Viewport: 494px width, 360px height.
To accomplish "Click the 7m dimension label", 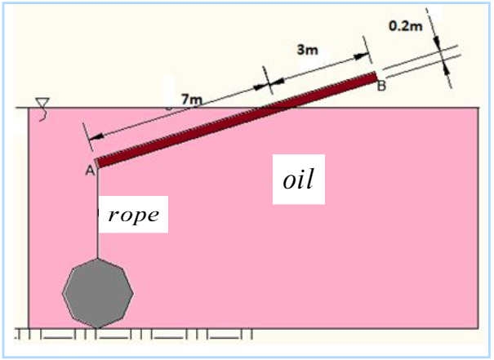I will (190, 100).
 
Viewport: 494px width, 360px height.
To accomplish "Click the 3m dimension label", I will (307, 50).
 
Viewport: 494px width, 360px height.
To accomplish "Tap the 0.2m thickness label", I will (406, 25).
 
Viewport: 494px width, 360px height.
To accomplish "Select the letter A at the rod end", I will (89, 170).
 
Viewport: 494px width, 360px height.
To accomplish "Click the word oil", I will (299, 180).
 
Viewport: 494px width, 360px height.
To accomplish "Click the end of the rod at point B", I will (375, 77).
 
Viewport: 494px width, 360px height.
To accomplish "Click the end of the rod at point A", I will (97, 162).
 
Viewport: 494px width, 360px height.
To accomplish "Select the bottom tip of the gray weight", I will (97, 327).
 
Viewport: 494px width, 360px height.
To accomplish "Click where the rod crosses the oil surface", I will (278, 107).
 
